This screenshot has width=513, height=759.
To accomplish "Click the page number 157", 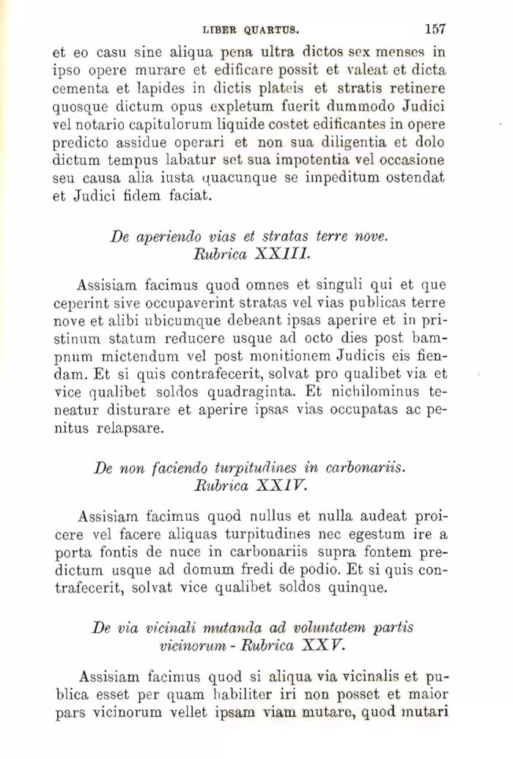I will click(435, 30).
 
